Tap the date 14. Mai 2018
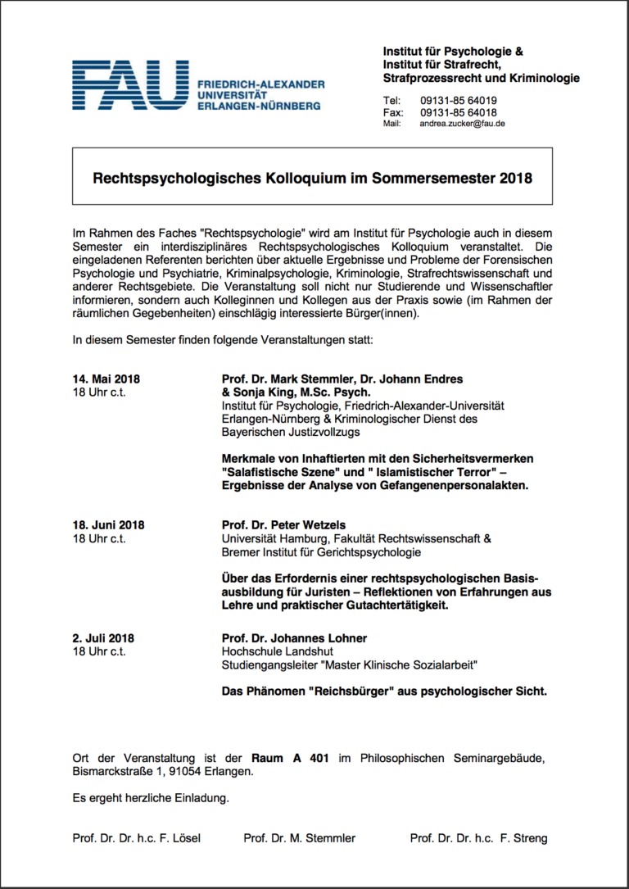click(x=106, y=379)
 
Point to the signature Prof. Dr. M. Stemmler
click(x=300, y=838)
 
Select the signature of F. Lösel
click(x=136, y=838)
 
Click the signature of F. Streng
click(x=478, y=838)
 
